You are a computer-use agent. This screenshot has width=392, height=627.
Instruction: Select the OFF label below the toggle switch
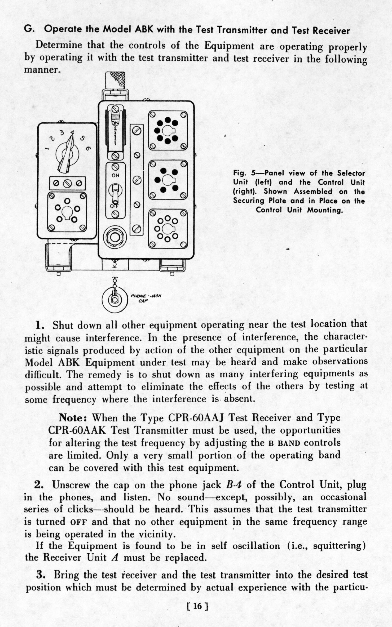click(115, 206)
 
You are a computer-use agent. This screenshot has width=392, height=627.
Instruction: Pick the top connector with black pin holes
click(168, 130)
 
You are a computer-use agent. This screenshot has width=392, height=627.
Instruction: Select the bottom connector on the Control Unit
click(168, 229)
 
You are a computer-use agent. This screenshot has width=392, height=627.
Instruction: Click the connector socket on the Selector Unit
click(67, 211)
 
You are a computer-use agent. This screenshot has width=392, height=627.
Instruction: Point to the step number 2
click(39, 485)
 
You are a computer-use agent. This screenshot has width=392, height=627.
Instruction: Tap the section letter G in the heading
click(28, 29)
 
